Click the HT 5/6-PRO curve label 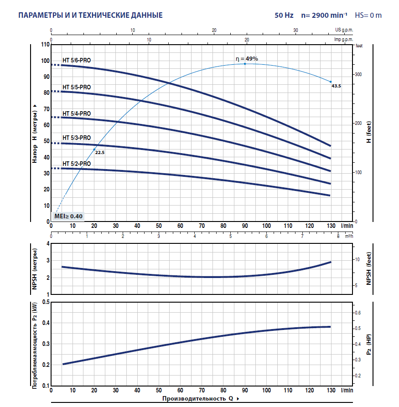coord(77,60)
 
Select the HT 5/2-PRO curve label coord(77,164)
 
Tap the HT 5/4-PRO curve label coord(77,113)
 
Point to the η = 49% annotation coord(247,59)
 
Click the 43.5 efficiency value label coord(337,86)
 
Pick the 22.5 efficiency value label coord(100,153)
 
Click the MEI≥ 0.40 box coord(68,216)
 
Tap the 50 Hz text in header coord(284,15)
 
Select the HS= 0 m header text coord(368,15)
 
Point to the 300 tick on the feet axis coord(358,74)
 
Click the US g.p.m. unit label coord(345,30)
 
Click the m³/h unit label coord(349,236)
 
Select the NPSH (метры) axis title coord(35,269)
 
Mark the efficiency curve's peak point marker coord(245,64)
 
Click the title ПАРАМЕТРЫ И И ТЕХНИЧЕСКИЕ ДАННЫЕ coord(90,15)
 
